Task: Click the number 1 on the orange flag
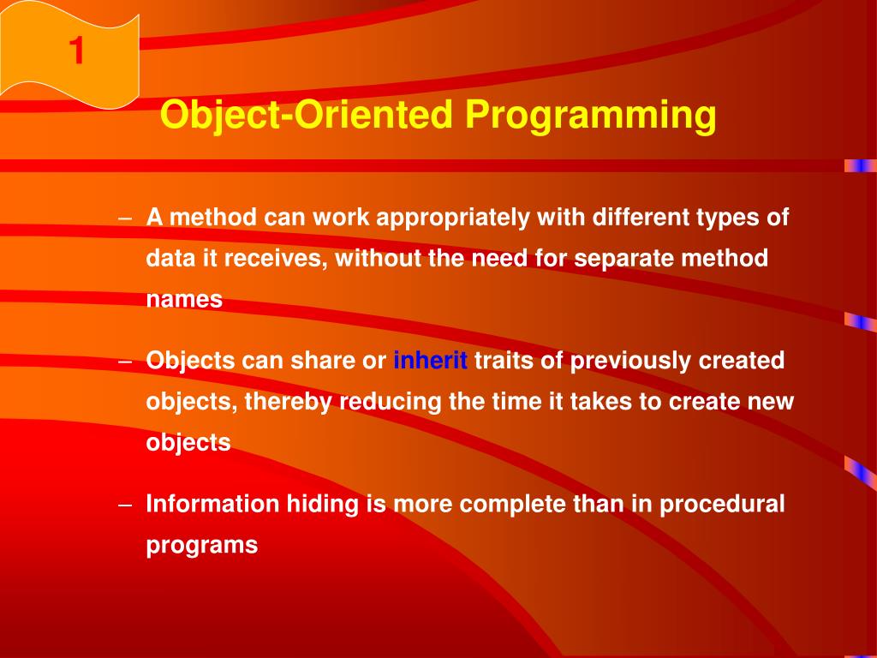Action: (x=76, y=52)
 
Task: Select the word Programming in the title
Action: (x=590, y=115)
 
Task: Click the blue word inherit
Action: (x=430, y=361)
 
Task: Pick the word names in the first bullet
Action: (x=184, y=299)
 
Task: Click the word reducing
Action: (x=391, y=401)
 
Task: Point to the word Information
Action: (x=212, y=504)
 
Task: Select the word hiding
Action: (x=323, y=504)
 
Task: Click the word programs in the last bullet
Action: (x=201, y=545)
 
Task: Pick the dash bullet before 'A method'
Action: (x=125, y=218)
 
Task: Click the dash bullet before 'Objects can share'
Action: (x=125, y=361)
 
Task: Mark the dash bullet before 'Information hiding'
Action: (x=125, y=504)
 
